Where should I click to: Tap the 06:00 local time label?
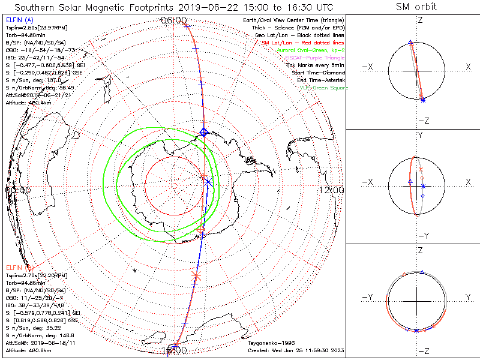174,20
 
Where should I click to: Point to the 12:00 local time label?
332,190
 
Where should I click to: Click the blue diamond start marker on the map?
203,132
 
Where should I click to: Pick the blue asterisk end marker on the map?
208,182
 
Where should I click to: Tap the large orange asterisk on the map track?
196,276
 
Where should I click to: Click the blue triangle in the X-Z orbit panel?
410,43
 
